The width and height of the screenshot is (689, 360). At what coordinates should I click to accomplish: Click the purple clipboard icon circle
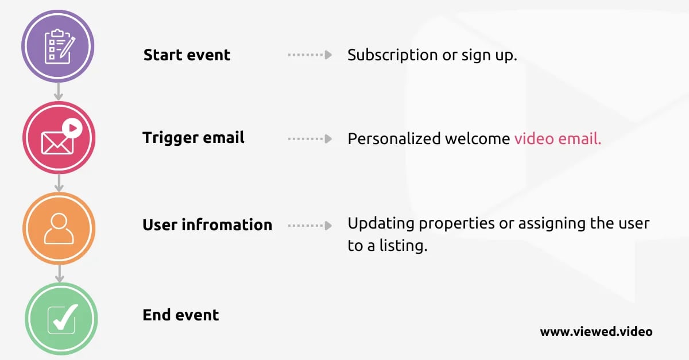point(58,46)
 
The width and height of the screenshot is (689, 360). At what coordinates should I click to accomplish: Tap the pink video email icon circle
point(59,138)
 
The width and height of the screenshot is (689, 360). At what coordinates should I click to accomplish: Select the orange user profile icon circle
point(59,229)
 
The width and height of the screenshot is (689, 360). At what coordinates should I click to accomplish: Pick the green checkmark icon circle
point(61,319)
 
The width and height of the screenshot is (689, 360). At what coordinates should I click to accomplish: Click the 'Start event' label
point(187,55)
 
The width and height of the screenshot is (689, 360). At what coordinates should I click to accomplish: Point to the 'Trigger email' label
point(193,138)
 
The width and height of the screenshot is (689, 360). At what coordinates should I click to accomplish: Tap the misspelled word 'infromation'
point(227,224)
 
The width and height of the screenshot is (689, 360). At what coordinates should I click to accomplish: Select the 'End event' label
point(180,315)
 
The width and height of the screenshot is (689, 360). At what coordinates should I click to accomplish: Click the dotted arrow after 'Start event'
point(309,55)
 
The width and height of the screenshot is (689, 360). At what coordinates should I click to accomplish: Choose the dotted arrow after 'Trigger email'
point(309,139)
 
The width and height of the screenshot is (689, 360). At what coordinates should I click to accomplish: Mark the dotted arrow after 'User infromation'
point(309,226)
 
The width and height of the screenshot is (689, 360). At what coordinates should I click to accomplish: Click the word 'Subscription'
point(393,56)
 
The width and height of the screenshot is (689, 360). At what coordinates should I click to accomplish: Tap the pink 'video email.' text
point(558,138)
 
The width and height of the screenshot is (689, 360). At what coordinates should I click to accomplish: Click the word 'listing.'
point(403,246)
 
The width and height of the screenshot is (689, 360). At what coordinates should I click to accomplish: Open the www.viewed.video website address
point(596,332)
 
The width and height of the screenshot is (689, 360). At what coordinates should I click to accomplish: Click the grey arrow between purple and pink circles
point(59,92)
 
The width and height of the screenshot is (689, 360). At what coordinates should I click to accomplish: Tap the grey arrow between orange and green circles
point(60,273)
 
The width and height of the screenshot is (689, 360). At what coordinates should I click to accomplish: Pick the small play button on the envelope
point(72,128)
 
